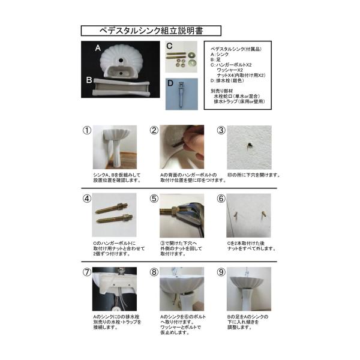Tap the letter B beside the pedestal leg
tap(88, 79)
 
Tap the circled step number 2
tap(154, 130)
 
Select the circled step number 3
tap(221, 130)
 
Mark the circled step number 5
tap(154, 199)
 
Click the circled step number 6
tap(221, 199)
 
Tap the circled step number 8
tap(154, 272)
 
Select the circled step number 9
tap(221, 272)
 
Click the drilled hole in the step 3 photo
tap(247, 145)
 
